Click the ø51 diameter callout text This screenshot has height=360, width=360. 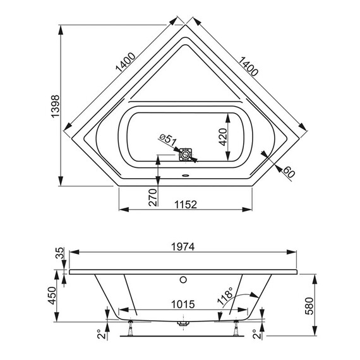point(165,140)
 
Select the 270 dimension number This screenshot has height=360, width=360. point(151,197)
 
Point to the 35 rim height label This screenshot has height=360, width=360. point(60,254)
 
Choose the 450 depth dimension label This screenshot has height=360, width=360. point(55,293)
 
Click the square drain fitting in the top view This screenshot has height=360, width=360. point(186,154)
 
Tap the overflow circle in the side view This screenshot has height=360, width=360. point(183,279)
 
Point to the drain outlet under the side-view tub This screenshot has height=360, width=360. point(183,323)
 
